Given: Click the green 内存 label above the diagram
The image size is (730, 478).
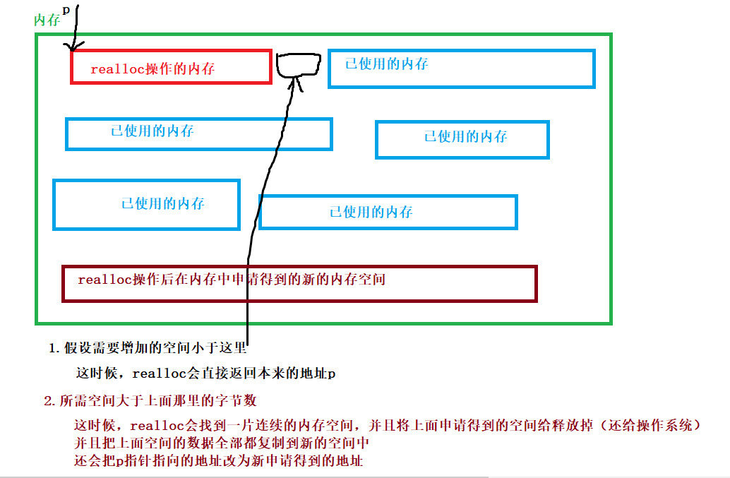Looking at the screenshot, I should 47,20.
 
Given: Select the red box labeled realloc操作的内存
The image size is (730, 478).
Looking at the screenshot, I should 171,67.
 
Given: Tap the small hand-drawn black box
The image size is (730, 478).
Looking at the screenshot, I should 299,65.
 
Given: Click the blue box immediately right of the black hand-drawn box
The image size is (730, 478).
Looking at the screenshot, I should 462,68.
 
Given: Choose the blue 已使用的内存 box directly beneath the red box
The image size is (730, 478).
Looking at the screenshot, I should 198,133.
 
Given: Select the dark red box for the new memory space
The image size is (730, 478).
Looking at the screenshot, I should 299,283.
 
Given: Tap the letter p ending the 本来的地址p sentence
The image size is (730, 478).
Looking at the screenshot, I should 331,374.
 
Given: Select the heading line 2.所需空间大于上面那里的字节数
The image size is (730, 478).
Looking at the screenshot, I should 150,401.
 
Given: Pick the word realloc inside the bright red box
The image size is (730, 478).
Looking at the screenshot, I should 112,69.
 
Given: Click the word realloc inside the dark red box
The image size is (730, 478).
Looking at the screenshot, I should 101,280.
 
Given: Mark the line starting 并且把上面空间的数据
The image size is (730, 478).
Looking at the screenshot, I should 222,443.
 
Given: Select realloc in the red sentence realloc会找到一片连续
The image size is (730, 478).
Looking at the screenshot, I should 151,426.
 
